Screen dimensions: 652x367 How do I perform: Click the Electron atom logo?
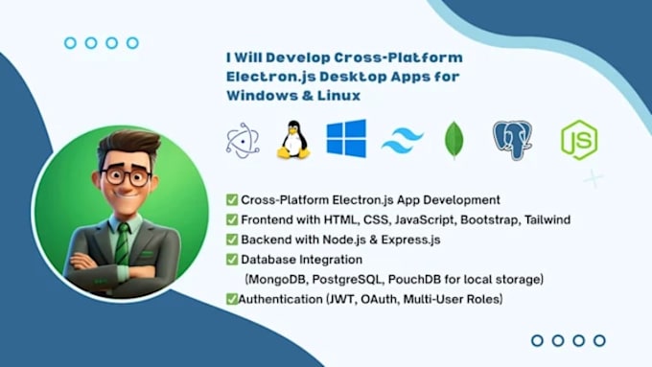(243, 141)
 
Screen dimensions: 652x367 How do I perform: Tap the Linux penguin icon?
(293, 140)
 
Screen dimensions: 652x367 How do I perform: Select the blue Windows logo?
(346, 138)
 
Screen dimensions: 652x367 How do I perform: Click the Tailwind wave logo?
(402, 141)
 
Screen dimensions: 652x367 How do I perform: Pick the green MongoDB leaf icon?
(454, 140)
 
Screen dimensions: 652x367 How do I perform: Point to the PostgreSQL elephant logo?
(513, 140)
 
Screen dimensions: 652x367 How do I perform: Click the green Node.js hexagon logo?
(579, 140)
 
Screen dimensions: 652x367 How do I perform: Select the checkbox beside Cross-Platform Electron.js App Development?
(232, 200)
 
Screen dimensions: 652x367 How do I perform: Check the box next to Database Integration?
(232, 260)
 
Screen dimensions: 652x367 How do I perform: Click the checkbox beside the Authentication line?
(232, 299)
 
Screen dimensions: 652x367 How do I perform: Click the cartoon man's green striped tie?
(123, 244)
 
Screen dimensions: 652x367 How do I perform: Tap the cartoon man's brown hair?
(129, 145)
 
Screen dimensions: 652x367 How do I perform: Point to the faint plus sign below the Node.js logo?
(593, 179)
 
